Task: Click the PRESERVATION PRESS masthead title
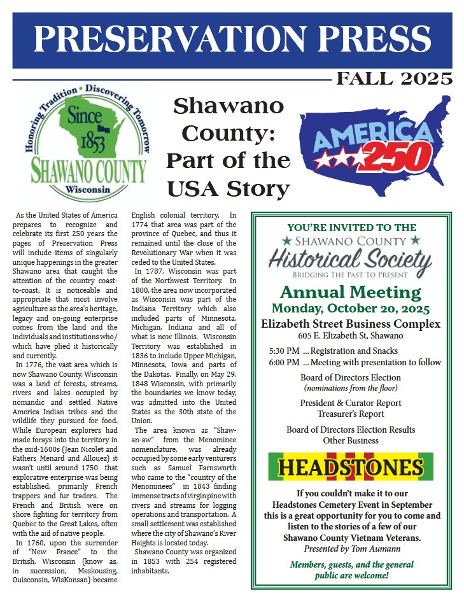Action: (232, 39)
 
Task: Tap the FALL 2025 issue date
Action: (394, 79)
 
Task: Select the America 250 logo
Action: (375, 146)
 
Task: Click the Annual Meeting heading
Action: (351, 293)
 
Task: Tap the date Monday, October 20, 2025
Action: (351, 309)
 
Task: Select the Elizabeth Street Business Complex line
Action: (351, 324)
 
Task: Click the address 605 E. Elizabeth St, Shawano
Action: (351, 336)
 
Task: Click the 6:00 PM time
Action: (284, 363)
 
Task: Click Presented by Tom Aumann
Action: (351, 548)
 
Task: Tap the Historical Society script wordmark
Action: (351, 260)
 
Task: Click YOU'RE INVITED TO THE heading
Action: (351, 227)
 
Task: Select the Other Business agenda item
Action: (351, 440)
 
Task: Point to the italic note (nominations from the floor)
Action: (351, 388)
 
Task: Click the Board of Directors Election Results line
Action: (351, 430)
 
